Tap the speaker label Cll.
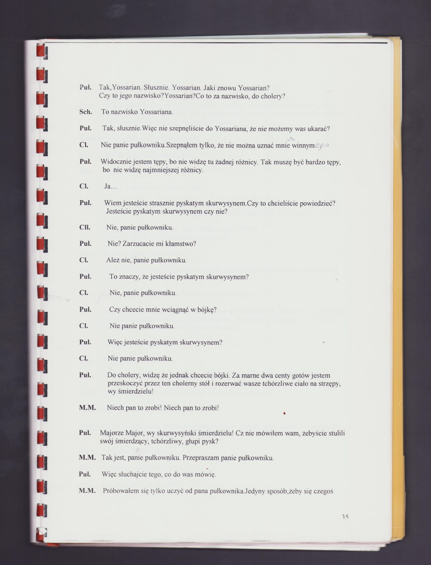[85, 227]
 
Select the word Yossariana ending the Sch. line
[156, 112]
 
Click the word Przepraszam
[201, 458]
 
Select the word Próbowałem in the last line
[118, 491]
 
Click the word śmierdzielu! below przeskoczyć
[130, 391]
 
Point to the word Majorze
[111, 433]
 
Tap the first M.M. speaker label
[87, 408]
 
